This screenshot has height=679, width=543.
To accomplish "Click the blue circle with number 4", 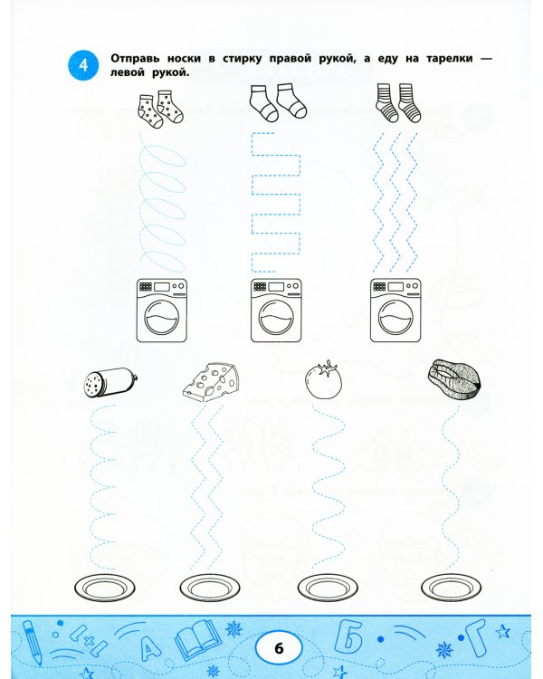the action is click(x=83, y=65).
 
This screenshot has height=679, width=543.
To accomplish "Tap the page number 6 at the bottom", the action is click(x=279, y=648).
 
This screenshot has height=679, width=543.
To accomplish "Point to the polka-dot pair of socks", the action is click(x=161, y=110).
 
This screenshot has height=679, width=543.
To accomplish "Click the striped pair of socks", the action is click(x=398, y=102).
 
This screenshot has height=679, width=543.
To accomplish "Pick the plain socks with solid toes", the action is click(x=278, y=102).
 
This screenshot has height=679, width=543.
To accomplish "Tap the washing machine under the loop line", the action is click(x=162, y=310).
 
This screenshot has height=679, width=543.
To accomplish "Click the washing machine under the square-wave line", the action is click(x=276, y=310).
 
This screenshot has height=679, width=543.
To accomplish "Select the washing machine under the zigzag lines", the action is click(x=395, y=310).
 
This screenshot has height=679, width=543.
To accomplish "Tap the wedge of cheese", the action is click(x=211, y=382).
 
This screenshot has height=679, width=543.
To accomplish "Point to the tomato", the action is click(x=323, y=379).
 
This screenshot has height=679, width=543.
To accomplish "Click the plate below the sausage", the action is click(x=104, y=588).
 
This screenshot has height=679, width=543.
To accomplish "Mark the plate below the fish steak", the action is click(x=452, y=588).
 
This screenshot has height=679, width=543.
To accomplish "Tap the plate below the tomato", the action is click(x=328, y=588).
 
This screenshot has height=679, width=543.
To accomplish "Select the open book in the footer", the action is click(x=195, y=639).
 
